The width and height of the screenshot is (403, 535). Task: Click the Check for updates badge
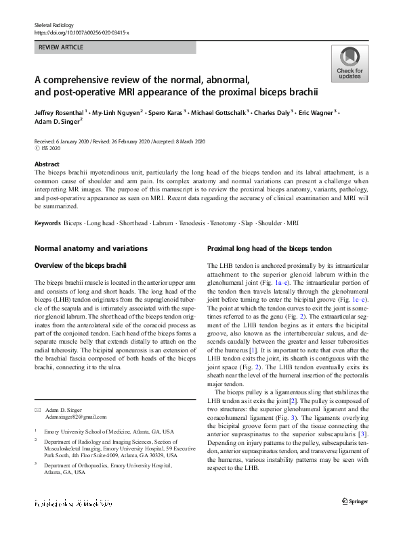[349, 64]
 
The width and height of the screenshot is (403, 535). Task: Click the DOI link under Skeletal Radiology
[81, 32]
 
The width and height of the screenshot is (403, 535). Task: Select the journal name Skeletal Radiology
[54, 24]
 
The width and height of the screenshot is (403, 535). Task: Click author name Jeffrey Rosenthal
[60, 112]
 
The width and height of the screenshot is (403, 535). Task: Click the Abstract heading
[47, 164]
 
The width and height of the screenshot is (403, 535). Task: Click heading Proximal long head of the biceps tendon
[269, 249]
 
